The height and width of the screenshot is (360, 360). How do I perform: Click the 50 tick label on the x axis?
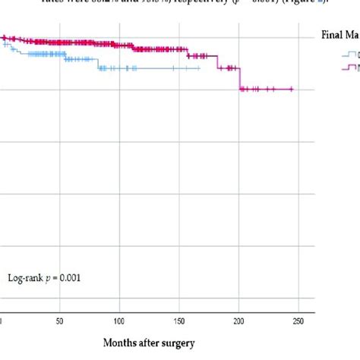60,323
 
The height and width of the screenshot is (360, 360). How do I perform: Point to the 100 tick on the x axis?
119,323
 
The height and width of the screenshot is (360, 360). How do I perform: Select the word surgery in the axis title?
180,343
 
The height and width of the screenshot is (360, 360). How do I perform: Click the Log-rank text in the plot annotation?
27,278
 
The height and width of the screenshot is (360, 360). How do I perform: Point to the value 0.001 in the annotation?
68,278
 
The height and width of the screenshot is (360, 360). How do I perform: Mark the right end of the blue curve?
200,68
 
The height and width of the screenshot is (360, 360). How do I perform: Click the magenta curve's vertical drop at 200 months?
240,80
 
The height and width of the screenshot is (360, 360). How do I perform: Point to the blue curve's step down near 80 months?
98,64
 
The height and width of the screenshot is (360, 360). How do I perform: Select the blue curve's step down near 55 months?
65,57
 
